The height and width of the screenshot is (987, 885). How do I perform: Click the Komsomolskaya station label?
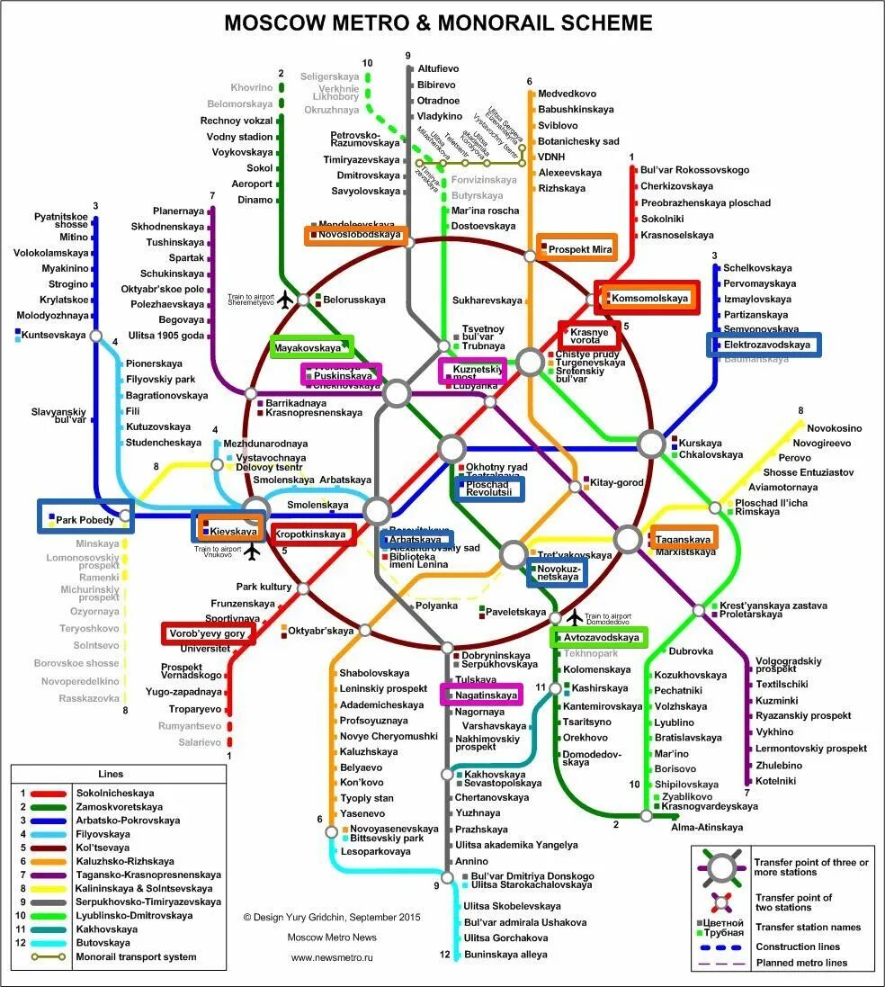(649, 298)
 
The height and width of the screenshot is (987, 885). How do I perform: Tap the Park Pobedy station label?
(85, 520)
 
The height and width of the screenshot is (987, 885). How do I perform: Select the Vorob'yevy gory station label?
(206, 634)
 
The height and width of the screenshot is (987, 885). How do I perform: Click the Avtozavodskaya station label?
(601, 638)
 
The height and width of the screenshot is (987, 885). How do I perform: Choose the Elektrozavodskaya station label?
(766, 345)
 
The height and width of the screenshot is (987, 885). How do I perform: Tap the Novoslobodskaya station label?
(359, 235)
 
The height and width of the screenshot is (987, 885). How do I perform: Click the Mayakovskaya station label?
(308, 347)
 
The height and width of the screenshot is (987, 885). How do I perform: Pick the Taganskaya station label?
(683, 539)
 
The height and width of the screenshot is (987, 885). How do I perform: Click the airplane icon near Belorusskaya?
(286, 299)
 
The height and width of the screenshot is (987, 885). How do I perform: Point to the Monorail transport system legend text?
(136, 957)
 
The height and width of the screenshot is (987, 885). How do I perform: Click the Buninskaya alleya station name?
(505, 955)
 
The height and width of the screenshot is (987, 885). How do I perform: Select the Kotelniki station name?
(775, 781)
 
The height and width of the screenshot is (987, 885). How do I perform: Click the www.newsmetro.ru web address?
(331, 957)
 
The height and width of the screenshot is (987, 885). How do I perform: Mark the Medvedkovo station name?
(567, 94)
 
